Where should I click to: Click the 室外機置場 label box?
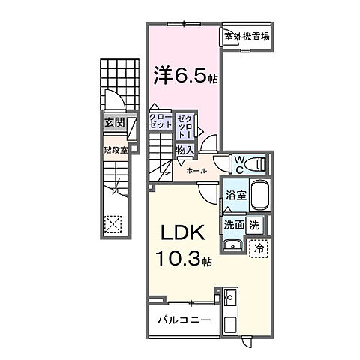246,36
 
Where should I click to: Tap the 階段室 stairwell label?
114,148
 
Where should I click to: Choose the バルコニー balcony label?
183,320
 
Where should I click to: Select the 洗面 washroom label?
233,223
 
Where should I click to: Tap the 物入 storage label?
184,150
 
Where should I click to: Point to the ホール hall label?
197,171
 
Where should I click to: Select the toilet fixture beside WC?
258,163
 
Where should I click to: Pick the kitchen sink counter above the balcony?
231,303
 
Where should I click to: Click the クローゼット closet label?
162,122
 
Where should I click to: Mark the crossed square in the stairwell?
113,223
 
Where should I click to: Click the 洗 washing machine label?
254,223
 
